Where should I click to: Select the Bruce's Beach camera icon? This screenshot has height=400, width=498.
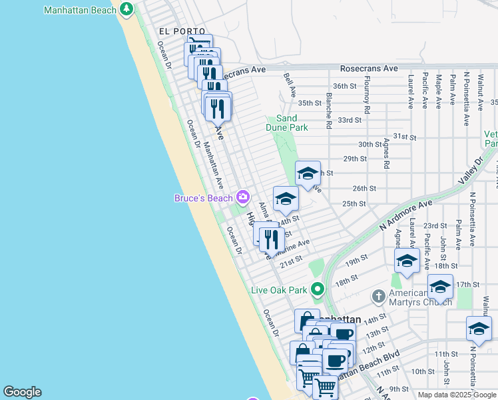pyautogui.click(x=243, y=197)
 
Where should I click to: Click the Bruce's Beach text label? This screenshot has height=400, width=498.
pyautogui.click(x=203, y=198)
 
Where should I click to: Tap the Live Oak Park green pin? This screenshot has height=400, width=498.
pyautogui.click(x=318, y=289)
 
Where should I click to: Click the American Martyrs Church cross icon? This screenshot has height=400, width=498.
pyautogui.click(x=378, y=294)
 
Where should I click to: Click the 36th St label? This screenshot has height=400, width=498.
pyautogui.click(x=345, y=86)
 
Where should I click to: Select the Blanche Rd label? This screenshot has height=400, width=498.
pyautogui.click(x=329, y=111)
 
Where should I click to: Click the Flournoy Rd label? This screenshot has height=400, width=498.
pyautogui.click(x=367, y=95)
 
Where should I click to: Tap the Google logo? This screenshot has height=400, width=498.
pyautogui.click(x=22, y=392)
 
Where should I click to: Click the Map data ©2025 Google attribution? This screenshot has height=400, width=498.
pyautogui.click(x=456, y=395)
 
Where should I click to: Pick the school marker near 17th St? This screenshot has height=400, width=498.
pyautogui.click(x=440, y=286)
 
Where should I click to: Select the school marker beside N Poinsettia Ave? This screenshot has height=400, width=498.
pyautogui.click(x=479, y=328)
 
